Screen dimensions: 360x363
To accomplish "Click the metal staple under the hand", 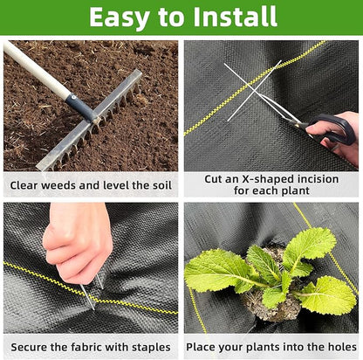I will pos(90,294).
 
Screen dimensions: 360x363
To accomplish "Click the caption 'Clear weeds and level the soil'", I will pos(91,185).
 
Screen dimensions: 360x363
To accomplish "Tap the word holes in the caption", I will pos(339,347).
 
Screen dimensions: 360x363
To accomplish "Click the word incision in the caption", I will pos(312,179).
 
